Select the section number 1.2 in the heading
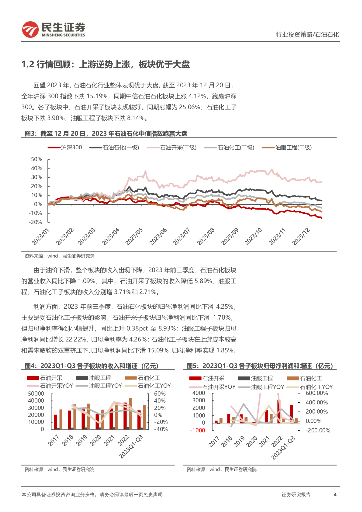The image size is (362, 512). coord(29,64)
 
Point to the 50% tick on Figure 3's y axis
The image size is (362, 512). coord(37,159)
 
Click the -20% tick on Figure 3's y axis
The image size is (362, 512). coord(36,222)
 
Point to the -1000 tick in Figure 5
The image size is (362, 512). coord(198,430)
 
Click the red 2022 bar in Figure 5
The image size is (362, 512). coord(278,411)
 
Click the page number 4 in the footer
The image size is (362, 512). coord(335,495)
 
